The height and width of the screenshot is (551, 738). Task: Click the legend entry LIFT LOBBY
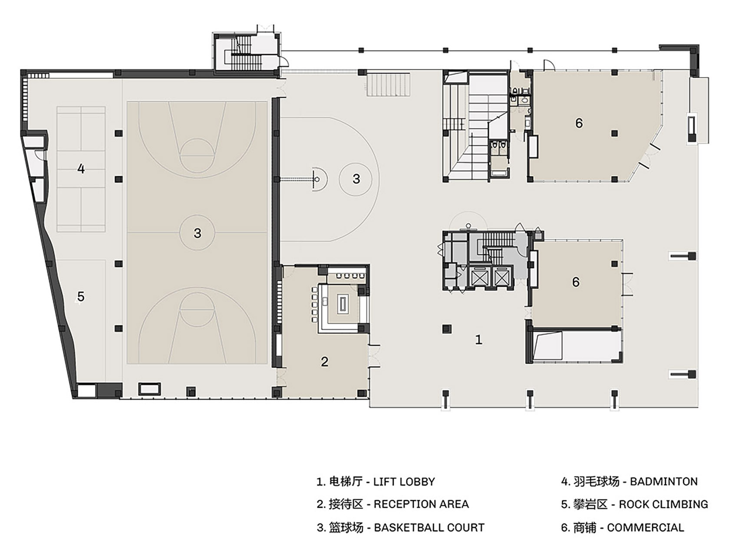tap(376, 482)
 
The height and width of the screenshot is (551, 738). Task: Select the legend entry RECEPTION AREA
tap(393, 504)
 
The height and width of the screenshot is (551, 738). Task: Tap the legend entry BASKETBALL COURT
tap(401, 528)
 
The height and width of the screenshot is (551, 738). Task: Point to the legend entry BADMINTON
tap(629, 482)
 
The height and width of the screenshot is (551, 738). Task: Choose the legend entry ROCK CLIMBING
tap(634, 504)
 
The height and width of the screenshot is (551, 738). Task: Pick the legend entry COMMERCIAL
tap(623, 528)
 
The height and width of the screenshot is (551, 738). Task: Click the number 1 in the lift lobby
tap(478, 340)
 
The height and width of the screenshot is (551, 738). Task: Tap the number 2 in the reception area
tap(325, 361)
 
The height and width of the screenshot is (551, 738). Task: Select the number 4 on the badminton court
tap(81, 168)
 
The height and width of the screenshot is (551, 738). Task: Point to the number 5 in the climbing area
tap(81, 296)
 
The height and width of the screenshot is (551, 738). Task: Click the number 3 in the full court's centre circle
tap(198, 233)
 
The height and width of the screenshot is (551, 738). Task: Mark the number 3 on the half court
tap(356, 179)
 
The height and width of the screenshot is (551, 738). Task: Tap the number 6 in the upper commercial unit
tap(579, 123)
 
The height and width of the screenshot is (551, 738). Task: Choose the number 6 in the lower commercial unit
tap(576, 282)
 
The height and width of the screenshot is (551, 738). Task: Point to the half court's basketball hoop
tap(317, 179)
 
